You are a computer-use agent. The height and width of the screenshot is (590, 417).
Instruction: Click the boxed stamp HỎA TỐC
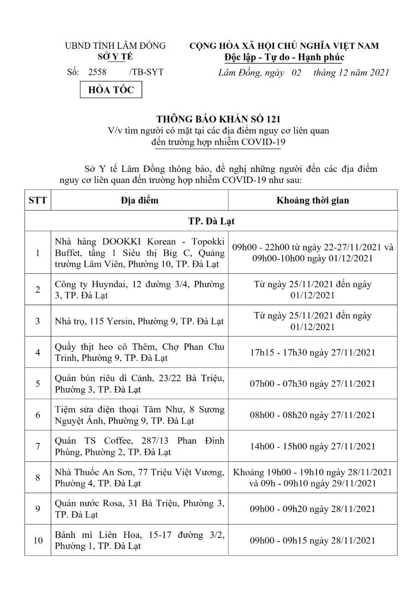click(111, 90)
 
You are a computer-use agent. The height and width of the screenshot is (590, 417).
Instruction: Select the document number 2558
click(97, 72)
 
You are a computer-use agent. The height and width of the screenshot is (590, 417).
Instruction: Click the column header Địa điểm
click(139, 200)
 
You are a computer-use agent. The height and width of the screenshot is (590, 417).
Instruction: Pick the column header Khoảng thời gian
click(312, 200)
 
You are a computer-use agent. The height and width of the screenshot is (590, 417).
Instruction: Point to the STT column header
click(37, 200)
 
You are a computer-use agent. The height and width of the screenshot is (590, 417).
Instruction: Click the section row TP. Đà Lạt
click(211, 221)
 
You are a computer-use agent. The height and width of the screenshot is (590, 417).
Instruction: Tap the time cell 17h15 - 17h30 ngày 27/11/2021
click(312, 352)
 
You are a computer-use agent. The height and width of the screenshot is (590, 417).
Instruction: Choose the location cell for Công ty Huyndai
click(139, 289)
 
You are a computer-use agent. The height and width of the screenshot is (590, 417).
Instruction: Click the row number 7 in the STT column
click(37, 446)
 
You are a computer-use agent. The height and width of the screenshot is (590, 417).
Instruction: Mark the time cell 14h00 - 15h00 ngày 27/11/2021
click(312, 446)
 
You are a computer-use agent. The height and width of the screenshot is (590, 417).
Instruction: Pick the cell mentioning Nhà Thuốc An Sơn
click(139, 478)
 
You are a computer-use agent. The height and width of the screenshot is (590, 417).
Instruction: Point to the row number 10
click(37, 540)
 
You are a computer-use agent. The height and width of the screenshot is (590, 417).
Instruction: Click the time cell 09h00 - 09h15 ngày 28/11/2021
click(312, 540)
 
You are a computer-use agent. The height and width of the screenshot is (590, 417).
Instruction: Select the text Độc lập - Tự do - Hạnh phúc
click(284, 57)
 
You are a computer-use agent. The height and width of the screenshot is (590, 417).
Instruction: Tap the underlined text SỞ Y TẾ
click(115, 57)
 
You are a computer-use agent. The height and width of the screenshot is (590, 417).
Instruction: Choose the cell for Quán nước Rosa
click(139, 508)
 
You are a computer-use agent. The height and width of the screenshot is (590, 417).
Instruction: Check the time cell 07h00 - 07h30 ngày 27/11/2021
click(312, 383)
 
